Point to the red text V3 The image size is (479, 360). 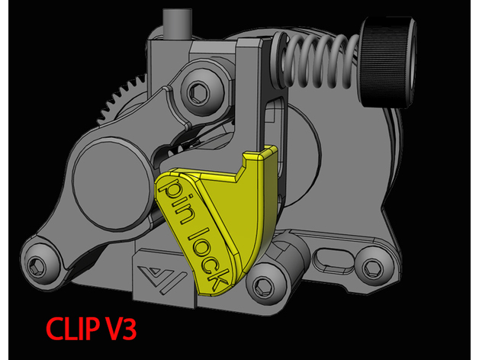[121, 328]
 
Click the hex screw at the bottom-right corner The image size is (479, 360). [373, 267]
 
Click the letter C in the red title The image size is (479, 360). [56, 328]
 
